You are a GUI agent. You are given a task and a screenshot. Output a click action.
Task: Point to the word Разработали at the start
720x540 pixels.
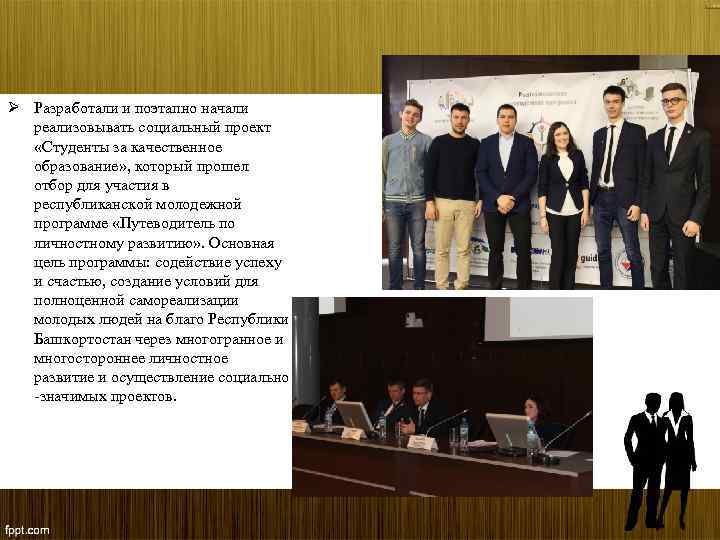[73, 108]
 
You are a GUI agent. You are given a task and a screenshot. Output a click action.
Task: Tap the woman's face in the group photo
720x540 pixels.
[561, 135]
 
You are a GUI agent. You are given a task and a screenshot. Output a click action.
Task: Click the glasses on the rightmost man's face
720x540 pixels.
[673, 103]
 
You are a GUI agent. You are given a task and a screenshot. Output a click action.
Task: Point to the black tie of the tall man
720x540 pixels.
[608, 155]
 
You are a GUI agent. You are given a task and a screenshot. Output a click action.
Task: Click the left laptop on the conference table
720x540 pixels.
[354, 413]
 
